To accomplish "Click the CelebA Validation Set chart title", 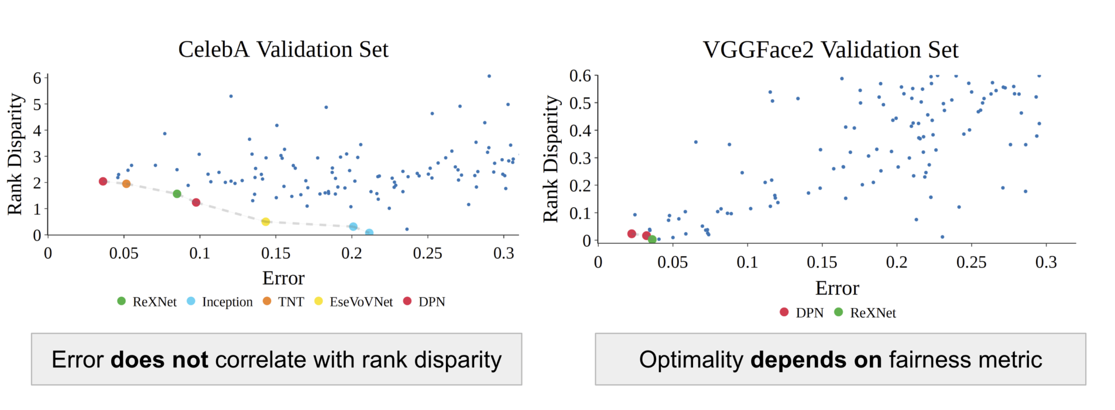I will (283, 50).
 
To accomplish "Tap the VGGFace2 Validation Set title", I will (830, 50).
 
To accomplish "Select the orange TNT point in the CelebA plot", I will (126, 184).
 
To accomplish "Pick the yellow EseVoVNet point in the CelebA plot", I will (266, 222).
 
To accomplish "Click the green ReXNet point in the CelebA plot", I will (177, 194).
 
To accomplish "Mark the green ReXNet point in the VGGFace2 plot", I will (652, 239).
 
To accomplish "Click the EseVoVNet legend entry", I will (354, 302).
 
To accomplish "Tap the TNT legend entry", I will (284, 302).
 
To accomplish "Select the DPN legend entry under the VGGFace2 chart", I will (802, 312).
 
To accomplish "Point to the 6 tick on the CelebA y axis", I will (37, 78).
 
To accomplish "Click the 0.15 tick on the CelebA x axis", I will (275, 253).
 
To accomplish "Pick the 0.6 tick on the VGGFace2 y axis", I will (580, 76).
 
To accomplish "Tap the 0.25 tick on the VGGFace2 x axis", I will (971, 262).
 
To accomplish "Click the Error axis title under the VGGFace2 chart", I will (837, 288).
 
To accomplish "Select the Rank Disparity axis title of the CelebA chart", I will (16, 154).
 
